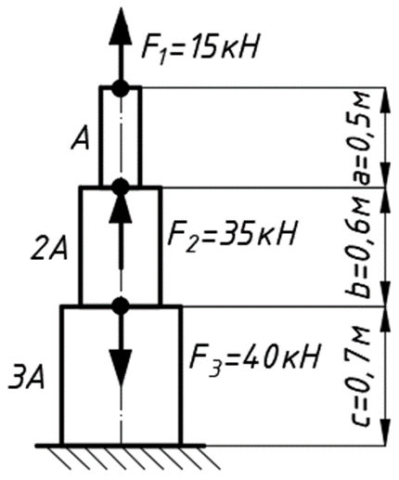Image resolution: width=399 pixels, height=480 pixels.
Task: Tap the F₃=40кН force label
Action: pos(254,358)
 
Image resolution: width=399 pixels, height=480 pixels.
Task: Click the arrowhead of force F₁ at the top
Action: pos(121,26)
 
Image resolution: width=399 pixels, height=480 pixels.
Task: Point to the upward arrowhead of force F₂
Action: pos(121,206)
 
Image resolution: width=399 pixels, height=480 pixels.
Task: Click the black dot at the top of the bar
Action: pos(121,88)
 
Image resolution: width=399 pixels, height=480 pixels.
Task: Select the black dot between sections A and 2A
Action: pos(121,187)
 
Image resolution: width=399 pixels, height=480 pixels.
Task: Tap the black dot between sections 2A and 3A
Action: pos(121,305)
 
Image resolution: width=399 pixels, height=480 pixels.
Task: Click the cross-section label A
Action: pos(81,139)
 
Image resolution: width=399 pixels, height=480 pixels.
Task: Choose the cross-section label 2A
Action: pos(49,249)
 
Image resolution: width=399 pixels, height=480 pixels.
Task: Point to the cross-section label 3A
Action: pos(27,377)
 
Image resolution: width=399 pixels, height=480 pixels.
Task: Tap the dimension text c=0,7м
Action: pos(361,376)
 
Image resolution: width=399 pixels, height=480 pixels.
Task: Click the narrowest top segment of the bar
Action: pos(121,137)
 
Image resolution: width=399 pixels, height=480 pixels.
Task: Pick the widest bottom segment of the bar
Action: pos(121,375)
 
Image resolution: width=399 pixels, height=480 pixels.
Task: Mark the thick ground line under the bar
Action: pos(121,446)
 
